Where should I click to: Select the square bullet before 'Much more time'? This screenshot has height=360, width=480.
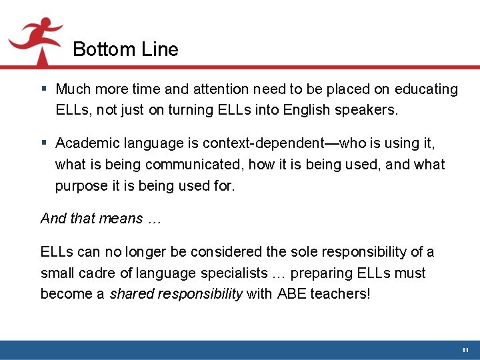pos(43,89)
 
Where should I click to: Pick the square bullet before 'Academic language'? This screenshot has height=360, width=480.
pos(43,143)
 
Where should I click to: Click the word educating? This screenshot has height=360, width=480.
pos(426,89)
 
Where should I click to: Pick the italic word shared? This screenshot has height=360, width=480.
pos(131,295)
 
